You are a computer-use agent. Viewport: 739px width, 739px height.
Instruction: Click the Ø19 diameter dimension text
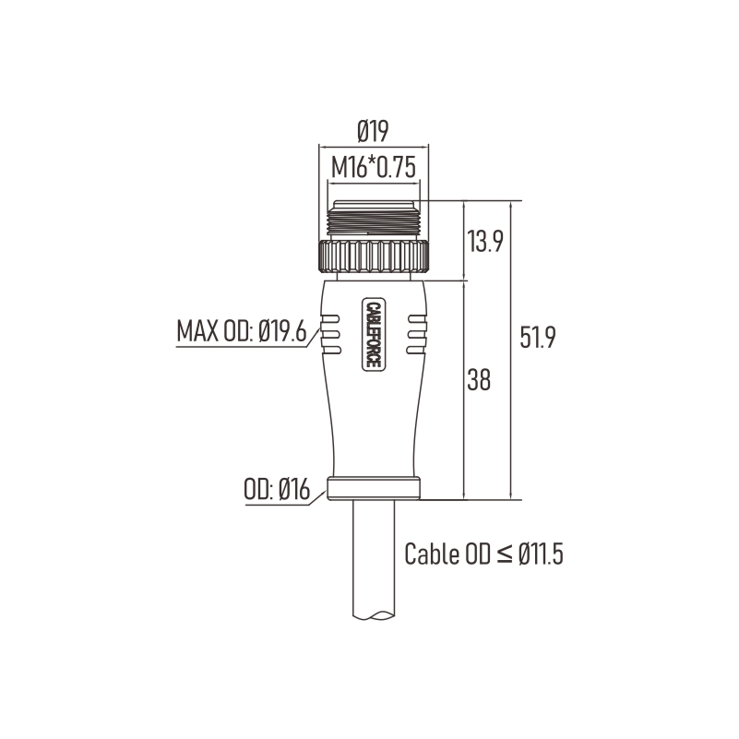[373, 131]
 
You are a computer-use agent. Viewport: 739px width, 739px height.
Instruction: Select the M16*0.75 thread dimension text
[374, 167]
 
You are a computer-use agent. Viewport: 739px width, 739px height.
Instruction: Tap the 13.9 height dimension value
[485, 242]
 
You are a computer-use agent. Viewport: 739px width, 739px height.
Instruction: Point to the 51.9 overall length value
[538, 337]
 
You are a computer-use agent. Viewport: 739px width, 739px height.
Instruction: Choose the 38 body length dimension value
[479, 379]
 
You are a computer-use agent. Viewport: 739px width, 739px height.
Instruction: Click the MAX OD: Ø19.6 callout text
[242, 331]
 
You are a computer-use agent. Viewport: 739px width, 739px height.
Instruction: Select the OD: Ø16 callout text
[277, 489]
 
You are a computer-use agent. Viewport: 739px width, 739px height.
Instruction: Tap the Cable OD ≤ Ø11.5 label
[484, 554]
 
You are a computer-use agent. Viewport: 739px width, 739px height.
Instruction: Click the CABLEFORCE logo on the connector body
[374, 334]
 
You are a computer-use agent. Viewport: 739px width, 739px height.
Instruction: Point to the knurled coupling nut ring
[374, 256]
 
